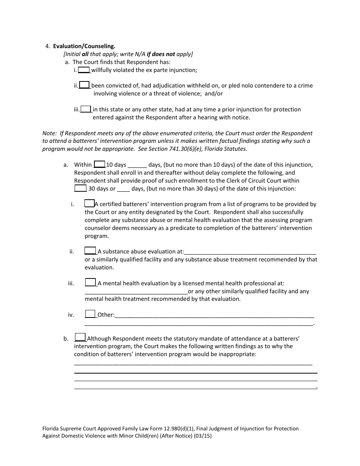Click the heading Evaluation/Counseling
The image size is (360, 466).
[84, 46]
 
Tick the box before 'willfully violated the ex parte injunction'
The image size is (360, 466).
[84, 70]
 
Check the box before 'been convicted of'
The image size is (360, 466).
[85, 85]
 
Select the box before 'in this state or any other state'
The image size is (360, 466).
[86, 109]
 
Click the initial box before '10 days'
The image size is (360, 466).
[99, 164]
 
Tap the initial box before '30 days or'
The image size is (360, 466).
[80, 188]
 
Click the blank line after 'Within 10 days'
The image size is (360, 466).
[137, 165]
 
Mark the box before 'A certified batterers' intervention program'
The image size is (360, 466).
[89, 203]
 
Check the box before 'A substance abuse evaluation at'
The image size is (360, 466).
[90, 251]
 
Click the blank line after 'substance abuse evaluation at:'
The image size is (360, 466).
[250, 252]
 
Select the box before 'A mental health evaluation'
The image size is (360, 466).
[90, 283]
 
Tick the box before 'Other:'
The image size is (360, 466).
[90, 314]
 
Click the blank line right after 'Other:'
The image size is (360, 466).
[214, 315]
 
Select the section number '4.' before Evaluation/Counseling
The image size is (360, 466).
[47, 46]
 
